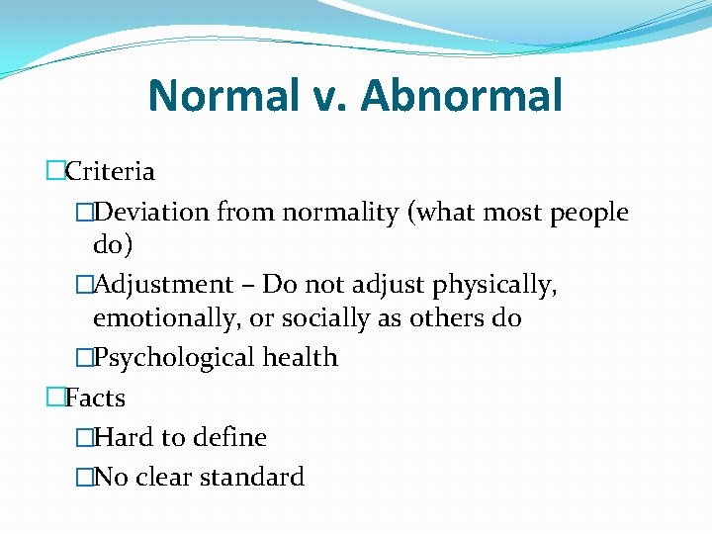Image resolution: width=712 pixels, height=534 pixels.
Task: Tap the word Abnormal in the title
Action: (x=462, y=96)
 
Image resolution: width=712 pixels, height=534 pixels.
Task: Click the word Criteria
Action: (x=110, y=172)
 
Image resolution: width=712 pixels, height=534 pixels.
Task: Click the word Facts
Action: (x=95, y=399)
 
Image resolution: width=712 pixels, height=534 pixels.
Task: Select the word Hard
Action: (x=118, y=437)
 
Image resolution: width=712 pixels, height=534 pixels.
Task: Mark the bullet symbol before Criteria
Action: (x=55, y=172)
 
